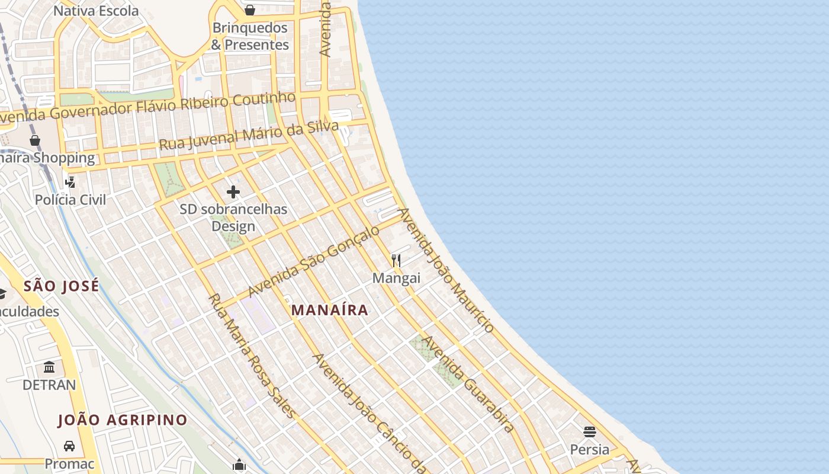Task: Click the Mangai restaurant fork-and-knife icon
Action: click(396, 260)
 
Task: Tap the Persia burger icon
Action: click(589, 431)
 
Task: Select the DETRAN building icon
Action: click(49, 367)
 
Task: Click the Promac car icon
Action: click(69, 446)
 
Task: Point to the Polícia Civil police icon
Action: click(70, 182)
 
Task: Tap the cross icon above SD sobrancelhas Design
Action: click(233, 191)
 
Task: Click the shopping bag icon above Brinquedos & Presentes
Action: click(250, 10)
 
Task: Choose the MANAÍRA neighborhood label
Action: click(330, 310)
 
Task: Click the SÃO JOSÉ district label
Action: click(61, 287)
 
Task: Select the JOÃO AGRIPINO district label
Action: click(123, 420)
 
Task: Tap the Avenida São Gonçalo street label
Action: click(314, 261)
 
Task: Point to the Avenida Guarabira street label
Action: click(468, 384)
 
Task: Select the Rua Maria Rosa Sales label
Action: click(251, 355)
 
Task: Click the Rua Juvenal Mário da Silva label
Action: click(249, 136)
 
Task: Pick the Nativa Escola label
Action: click(96, 11)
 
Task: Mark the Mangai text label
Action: click(396, 278)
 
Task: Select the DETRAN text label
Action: click(49, 385)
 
